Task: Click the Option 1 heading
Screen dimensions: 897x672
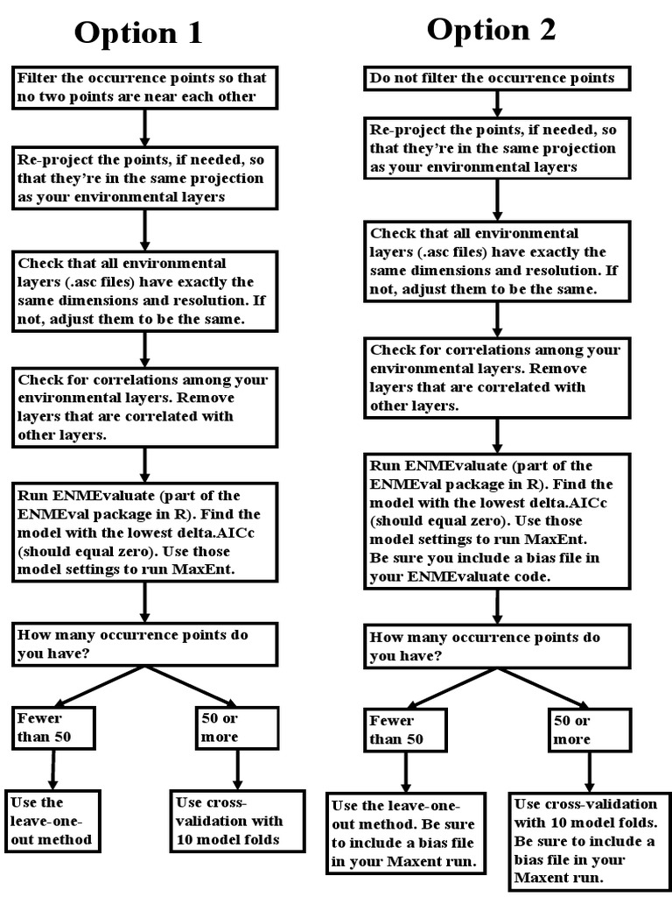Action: pos(138,32)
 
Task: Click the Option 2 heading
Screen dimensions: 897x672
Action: pos(491,30)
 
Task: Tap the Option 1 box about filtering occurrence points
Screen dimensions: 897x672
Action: pos(143,88)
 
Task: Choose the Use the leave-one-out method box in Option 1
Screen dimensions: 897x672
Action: pos(52,821)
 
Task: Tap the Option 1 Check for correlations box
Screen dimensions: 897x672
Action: pos(143,407)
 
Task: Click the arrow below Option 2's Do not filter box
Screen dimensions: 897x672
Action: pos(498,103)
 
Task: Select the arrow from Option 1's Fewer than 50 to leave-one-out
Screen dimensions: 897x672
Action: pos(53,768)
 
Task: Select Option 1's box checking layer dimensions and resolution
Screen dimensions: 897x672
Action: pos(143,291)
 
